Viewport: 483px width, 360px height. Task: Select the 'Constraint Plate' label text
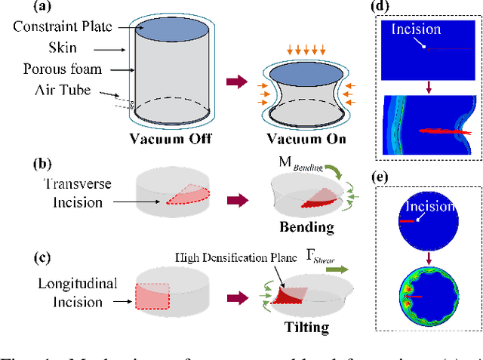pyautogui.click(x=63, y=27)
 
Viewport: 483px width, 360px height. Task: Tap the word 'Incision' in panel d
pyautogui.click(x=415, y=30)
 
